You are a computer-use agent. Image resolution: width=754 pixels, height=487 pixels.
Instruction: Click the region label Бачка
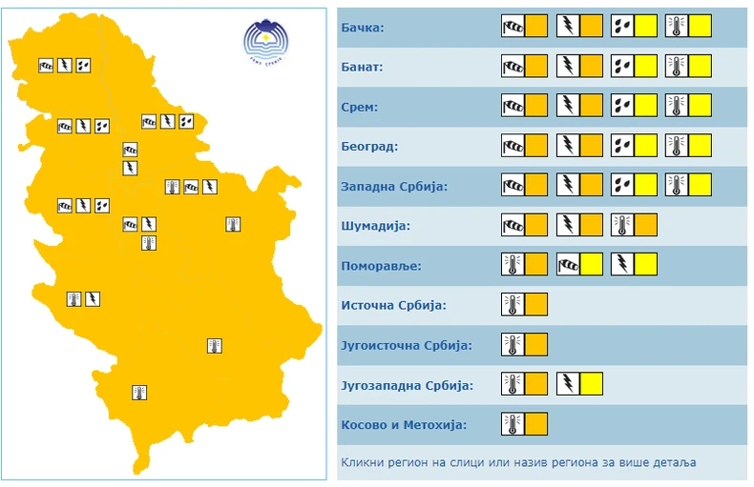point(362,28)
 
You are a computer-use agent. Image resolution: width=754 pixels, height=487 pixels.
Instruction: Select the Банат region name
point(362,68)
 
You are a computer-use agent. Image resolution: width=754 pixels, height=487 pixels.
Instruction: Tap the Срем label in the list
point(359,107)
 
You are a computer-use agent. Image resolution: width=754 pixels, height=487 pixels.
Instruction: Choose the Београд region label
point(368,147)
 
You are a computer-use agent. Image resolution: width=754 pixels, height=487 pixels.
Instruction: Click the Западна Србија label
point(393,186)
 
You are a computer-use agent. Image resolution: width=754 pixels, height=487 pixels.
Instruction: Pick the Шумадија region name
point(374,226)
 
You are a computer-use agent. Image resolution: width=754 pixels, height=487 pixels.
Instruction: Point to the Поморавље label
point(381,265)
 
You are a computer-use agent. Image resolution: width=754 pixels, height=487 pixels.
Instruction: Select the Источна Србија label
point(393,305)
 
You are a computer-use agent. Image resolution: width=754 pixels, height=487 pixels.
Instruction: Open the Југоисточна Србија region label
point(406,345)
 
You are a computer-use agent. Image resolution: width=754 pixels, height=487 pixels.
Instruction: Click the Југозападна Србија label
point(407,385)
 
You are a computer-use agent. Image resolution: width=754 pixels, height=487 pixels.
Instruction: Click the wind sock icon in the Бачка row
point(513,27)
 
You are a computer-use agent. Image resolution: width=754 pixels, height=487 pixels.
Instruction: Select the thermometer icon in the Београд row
point(677,146)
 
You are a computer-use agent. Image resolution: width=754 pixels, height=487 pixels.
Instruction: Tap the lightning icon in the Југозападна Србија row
point(568,385)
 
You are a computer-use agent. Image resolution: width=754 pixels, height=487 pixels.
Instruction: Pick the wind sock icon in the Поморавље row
point(568,264)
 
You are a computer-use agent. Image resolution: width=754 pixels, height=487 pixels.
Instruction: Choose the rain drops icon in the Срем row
point(622,106)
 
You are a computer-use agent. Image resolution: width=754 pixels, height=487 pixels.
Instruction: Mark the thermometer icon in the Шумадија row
point(622,225)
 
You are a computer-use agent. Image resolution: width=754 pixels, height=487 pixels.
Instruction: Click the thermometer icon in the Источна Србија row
point(513,305)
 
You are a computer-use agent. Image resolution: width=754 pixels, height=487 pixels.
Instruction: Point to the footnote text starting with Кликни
point(518,462)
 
